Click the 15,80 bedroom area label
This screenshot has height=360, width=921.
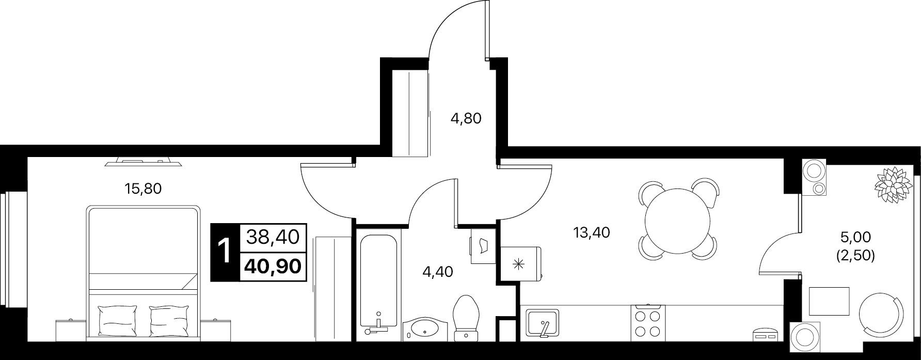143,189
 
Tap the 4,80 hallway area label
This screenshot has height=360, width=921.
466,119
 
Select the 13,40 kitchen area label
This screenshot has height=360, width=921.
592,233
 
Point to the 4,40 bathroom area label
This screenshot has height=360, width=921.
437,272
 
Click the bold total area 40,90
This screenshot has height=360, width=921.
274,267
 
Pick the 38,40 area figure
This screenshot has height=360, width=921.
273,237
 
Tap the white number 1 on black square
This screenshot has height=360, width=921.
225,252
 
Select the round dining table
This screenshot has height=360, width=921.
678,219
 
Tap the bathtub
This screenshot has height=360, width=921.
378,284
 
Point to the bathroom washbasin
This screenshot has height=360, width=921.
426,327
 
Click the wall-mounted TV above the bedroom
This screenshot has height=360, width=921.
144,162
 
